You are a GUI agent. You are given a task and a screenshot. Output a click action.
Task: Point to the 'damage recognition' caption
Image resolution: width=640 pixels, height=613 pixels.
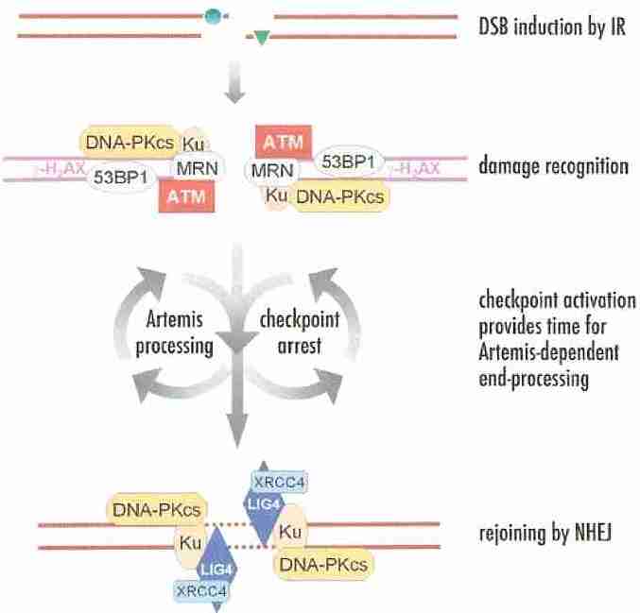(554, 167)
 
